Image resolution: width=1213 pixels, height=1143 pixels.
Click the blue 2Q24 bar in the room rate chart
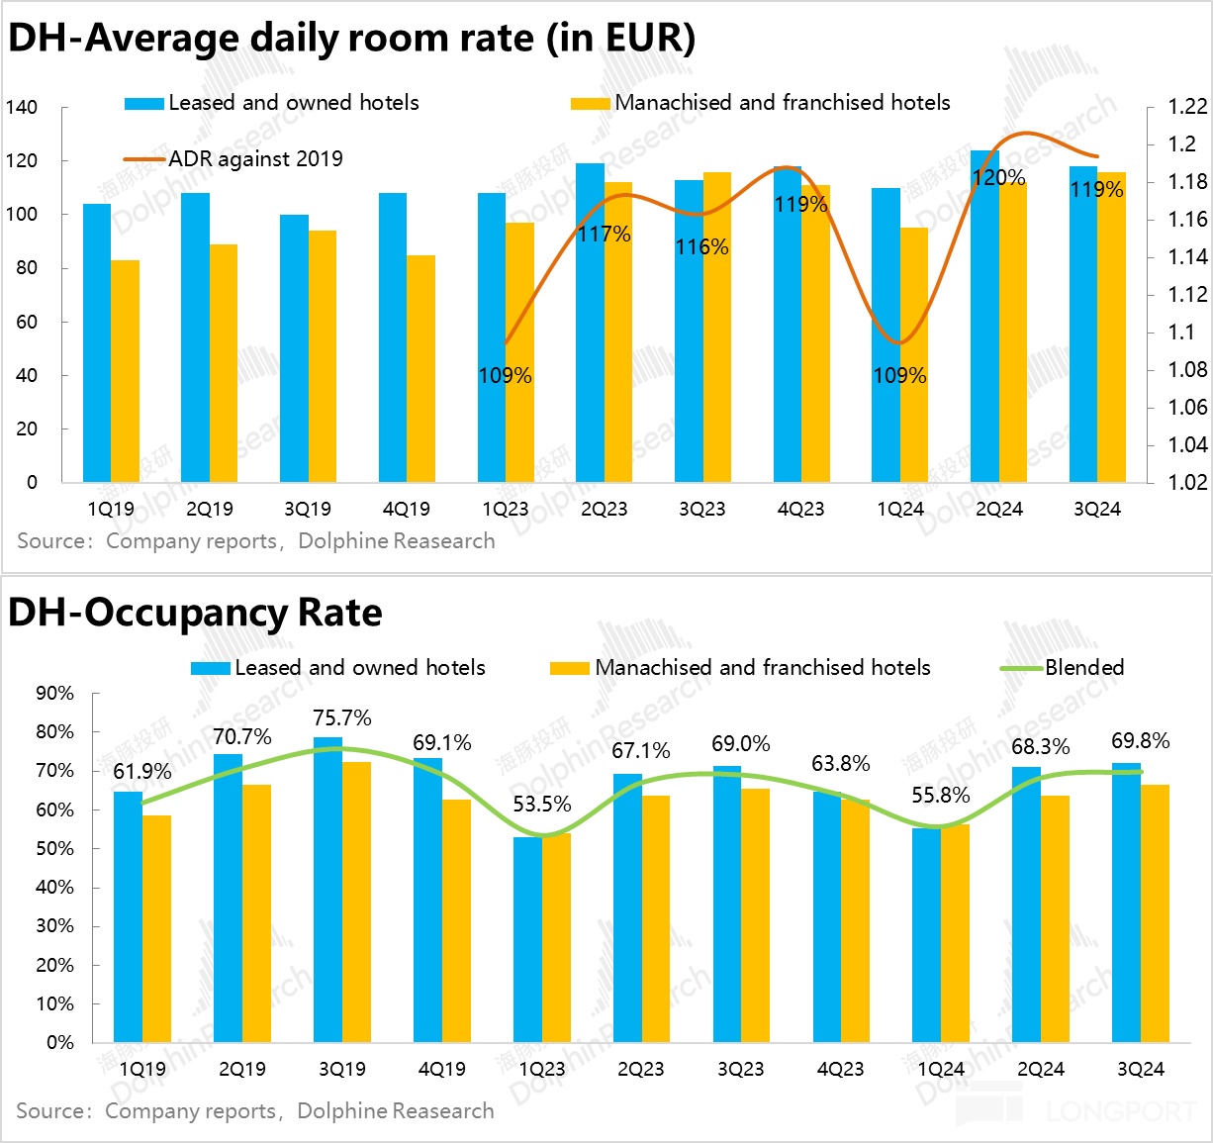[x=984, y=317]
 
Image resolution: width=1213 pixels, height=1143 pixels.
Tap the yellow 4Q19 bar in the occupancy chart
[x=456, y=920]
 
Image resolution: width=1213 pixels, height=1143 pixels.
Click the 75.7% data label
[x=342, y=717]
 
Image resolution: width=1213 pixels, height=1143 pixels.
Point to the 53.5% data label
[x=542, y=804]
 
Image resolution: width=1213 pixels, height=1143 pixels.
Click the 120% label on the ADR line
[x=998, y=178]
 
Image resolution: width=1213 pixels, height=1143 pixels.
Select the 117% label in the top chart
[x=605, y=235]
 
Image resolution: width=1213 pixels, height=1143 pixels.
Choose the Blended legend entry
[x=1084, y=667]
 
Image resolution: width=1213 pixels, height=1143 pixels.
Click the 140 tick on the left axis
[x=21, y=107]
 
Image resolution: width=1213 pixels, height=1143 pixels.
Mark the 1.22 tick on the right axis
[x=1187, y=107]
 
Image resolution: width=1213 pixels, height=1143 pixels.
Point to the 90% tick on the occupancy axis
[x=54, y=693]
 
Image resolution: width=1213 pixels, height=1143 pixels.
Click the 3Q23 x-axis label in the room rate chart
[x=701, y=510]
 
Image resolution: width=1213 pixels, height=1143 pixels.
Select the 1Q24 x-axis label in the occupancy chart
[x=941, y=1069]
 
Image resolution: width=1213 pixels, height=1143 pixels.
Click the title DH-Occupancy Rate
[x=195, y=613]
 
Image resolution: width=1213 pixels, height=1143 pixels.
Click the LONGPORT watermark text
[x=1121, y=1111]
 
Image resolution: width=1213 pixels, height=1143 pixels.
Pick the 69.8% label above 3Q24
[x=1141, y=740]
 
